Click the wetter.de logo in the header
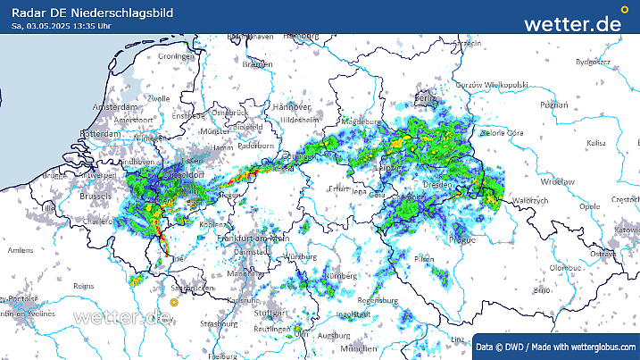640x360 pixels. pos(572,23)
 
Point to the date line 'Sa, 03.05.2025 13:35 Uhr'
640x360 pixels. pos(62,26)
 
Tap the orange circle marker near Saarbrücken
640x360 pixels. pos(175,301)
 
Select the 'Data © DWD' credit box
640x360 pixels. pos(555,346)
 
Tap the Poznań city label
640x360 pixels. pos(553,105)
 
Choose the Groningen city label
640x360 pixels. pos(175,56)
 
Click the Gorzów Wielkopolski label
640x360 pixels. pos(494,84)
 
